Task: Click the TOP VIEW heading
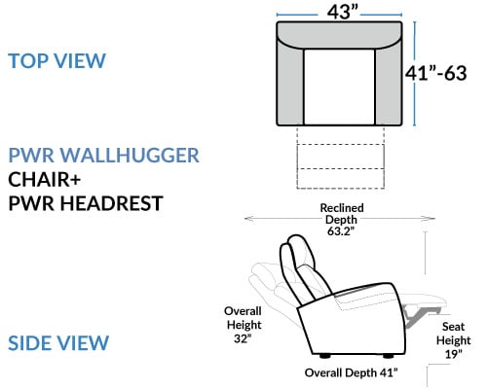pyautogui.click(x=57, y=60)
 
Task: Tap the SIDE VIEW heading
pyautogui.click(x=58, y=343)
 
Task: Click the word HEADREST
pyautogui.click(x=111, y=203)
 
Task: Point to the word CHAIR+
pyautogui.click(x=44, y=179)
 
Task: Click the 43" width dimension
pyautogui.click(x=342, y=13)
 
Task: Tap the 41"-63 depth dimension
pyautogui.click(x=436, y=73)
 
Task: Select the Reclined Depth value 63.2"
pyautogui.click(x=341, y=231)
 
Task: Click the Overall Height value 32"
pyautogui.click(x=243, y=338)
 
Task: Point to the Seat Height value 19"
pyautogui.click(x=453, y=354)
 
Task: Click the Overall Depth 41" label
pyautogui.click(x=351, y=372)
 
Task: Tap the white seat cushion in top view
pyautogui.click(x=339, y=87)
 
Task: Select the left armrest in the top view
pyautogui.click(x=290, y=86)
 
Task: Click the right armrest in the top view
pyautogui.click(x=389, y=86)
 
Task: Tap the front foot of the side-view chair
pyautogui.click(x=388, y=356)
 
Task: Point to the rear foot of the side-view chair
pyautogui.click(x=325, y=356)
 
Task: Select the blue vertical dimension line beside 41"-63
pyautogui.click(x=414, y=74)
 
